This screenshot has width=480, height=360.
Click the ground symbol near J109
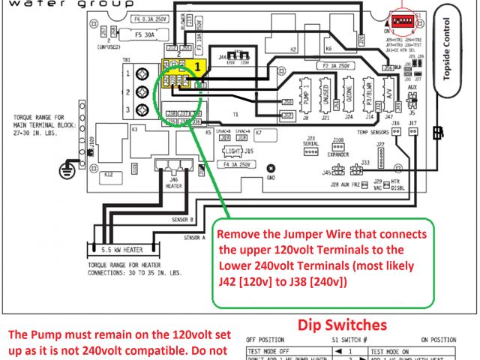click(66, 169)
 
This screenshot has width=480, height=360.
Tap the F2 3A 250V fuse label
click(334, 66)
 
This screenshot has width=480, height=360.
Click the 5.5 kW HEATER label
click(122, 247)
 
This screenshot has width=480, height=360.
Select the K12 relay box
click(108, 173)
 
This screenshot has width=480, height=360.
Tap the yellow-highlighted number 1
click(197, 66)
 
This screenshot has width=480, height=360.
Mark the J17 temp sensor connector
click(414, 130)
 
